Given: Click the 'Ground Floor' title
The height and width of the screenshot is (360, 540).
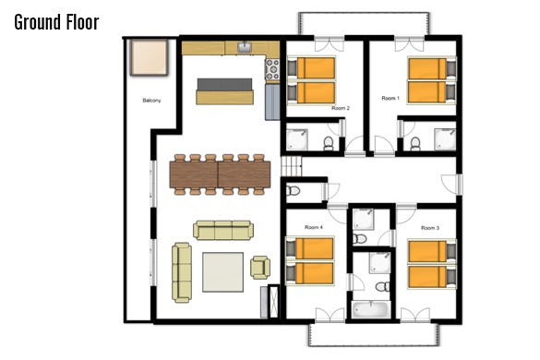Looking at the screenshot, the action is tap(57, 22).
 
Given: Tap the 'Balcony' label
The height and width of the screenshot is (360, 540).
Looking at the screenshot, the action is tap(151, 101).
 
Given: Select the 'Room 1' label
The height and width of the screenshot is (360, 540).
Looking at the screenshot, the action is tap(390, 98).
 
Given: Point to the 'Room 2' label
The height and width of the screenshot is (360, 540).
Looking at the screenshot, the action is tap(341, 108).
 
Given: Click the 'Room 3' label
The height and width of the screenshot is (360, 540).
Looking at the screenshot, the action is tap(430, 228).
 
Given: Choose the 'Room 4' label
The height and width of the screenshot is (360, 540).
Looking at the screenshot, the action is tap(314, 227).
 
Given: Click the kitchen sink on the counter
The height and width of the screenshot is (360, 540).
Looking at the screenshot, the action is tap(246, 47).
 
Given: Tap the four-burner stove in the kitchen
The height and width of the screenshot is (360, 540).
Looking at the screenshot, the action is tap(272, 69).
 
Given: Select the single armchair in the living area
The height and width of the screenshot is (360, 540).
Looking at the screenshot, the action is tap(260, 268).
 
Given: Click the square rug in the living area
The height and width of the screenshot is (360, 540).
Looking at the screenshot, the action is tap(222, 272).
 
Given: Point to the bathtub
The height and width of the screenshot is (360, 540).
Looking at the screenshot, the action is tap(371, 309).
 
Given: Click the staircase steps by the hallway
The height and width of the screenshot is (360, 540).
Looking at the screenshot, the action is tap(292, 166).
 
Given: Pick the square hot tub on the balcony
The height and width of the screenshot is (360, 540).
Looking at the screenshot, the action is tap(150, 57).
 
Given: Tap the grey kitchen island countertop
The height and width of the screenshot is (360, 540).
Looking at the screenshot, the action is tap(224, 85).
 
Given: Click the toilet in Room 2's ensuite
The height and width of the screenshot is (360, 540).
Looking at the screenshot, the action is tap(329, 143).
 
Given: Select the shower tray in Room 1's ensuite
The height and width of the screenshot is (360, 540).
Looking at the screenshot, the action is tap(445, 139).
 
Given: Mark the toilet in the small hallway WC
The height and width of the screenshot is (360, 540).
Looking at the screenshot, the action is tap(293, 190).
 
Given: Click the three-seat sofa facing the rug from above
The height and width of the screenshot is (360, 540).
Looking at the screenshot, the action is tap(223, 230).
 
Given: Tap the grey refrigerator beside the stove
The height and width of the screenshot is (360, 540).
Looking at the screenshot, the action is tap(272, 102).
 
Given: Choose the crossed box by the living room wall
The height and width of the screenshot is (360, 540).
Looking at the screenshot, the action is tap(274, 302).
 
